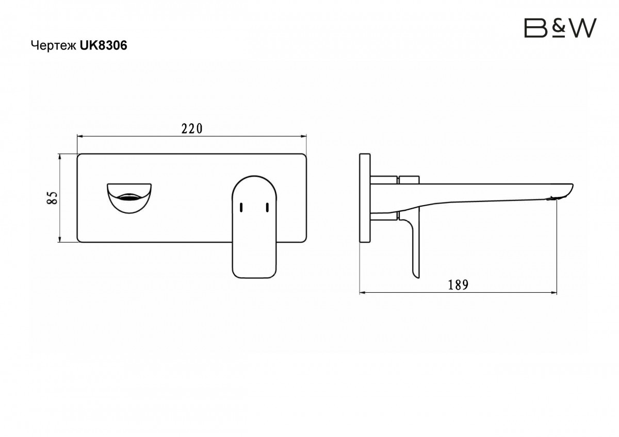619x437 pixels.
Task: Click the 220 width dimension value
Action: coord(192,129)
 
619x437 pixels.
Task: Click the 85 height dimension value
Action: coord(52,198)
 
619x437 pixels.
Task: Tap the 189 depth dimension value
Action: coord(458,285)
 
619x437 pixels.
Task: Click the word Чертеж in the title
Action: coord(54,45)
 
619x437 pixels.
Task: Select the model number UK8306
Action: coord(104,45)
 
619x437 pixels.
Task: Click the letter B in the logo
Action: coord(535,28)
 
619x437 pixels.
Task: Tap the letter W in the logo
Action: coord(580,28)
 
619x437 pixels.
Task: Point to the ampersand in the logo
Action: coord(556,28)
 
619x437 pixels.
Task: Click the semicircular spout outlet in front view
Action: coord(129,198)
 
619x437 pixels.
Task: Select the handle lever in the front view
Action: coord(254,227)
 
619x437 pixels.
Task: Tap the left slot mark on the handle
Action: coord(241,207)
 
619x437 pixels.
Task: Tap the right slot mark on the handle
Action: coord(267,207)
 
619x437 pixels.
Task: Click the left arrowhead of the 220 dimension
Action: coord(80,136)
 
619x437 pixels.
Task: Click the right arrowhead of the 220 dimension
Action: coord(303,136)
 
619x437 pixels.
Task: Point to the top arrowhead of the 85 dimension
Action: coord(59,157)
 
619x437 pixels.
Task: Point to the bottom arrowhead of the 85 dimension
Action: coord(59,239)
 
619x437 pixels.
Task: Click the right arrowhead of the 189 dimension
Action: coord(553,292)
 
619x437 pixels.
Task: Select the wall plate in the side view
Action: coord(365,198)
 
